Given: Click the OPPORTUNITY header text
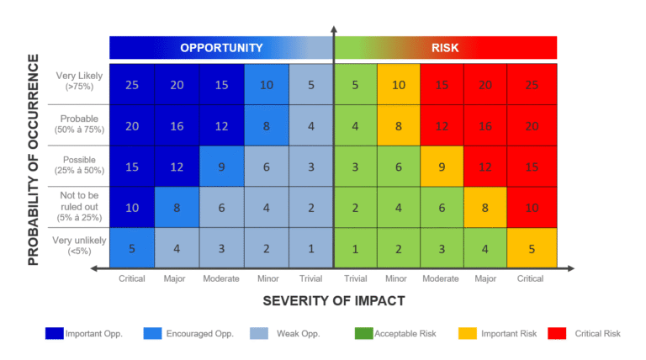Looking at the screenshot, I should click(x=221, y=48).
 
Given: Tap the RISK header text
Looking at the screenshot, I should click(x=445, y=48).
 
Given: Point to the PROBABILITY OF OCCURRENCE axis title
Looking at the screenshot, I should click(x=34, y=160).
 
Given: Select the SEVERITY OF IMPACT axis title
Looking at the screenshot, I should click(x=334, y=300).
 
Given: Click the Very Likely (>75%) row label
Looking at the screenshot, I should click(x=74, y=82).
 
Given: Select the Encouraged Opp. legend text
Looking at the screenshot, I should click(x=200, y=334).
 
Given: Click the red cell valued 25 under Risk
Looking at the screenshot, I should click(x=532, y=84).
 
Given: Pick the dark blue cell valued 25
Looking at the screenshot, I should click(x=132, y=84).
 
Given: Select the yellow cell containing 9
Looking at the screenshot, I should click(x=442, y=167).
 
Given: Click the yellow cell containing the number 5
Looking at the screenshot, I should click(x=532, y=248).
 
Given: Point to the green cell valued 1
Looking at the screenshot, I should click(x=356, y=248).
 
